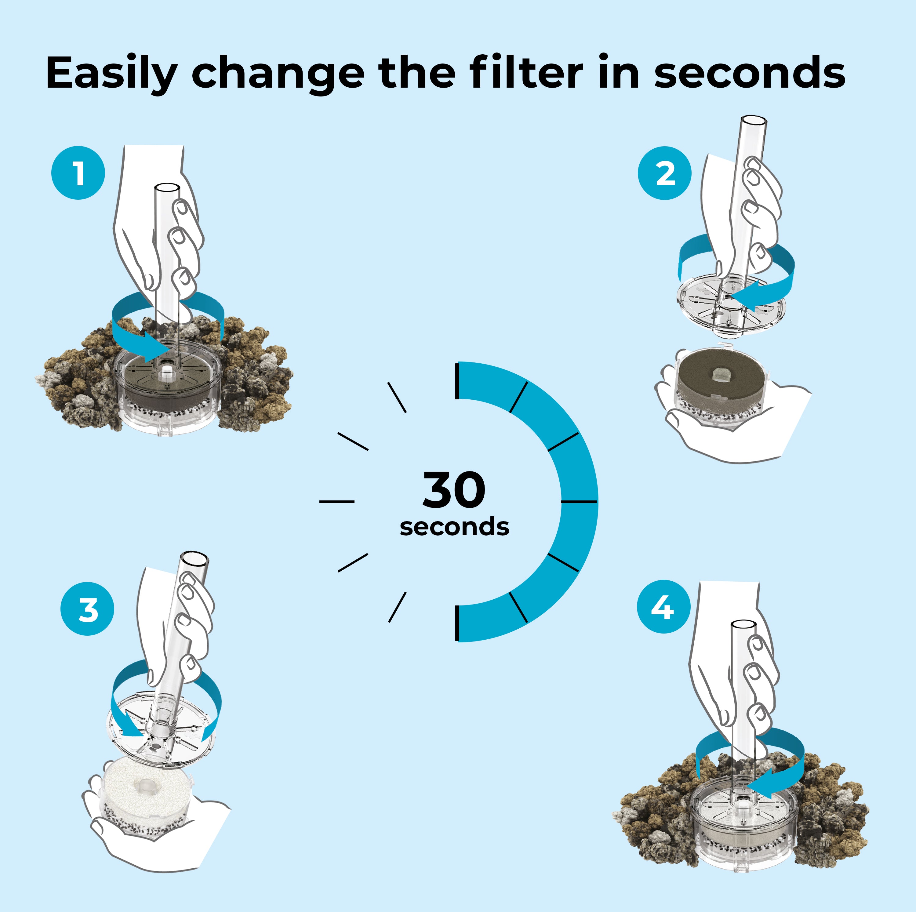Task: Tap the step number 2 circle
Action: [x=665, y=173]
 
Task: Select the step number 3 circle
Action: [x=88, y=609]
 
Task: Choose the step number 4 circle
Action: [x=663, y=607]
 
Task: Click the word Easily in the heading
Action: [x=111, y=74]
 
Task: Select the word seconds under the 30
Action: [x=454, y=527]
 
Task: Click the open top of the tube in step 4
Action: [x=743, y=624]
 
